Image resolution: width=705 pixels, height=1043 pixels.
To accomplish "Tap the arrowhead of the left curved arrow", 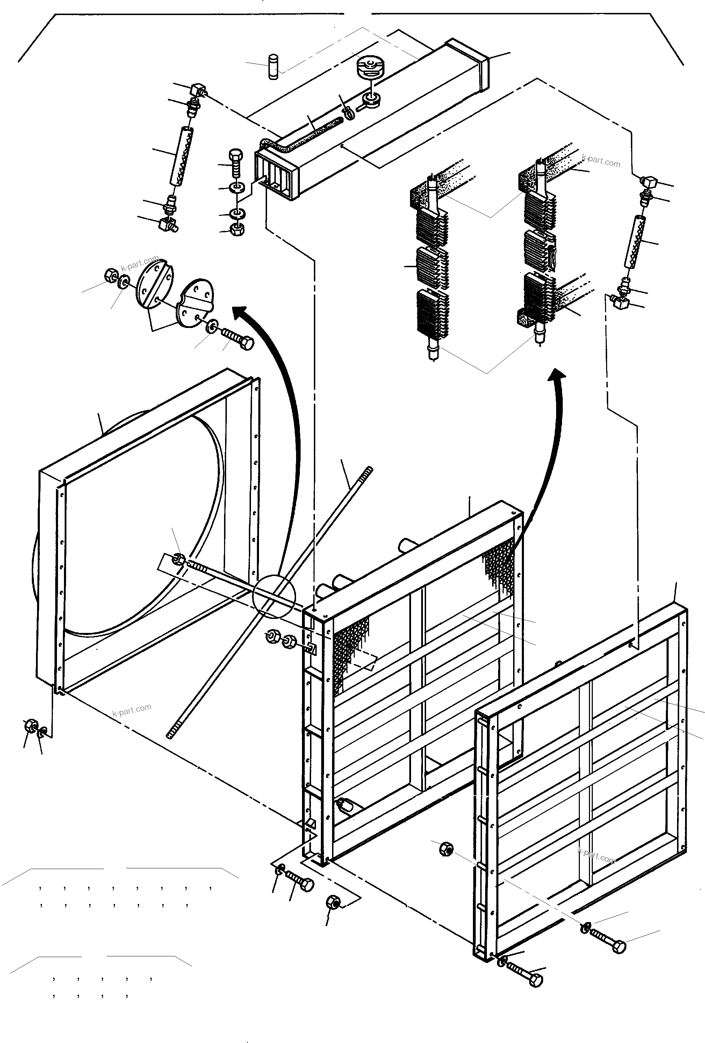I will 241,311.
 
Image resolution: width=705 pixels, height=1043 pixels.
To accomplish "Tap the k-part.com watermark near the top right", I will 600,160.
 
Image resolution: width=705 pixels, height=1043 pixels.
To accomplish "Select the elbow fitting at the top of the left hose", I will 197,89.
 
